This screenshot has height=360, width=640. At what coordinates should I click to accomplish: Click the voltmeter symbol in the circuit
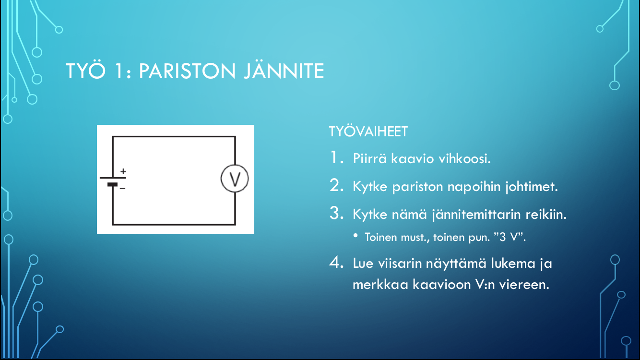click(235, 179)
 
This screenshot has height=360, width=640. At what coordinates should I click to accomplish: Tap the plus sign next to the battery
click(123, 171)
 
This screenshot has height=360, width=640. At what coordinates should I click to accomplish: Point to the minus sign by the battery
click(122, 188)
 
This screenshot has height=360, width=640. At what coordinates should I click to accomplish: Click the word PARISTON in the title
click(187, 71)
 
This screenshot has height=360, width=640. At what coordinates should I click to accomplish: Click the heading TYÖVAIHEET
click(368, 132)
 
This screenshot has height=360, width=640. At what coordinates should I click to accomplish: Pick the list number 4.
click(336, 262)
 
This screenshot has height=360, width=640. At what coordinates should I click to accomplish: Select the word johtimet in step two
click(532, 187)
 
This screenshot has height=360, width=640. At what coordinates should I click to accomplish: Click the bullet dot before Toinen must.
click(356, 236)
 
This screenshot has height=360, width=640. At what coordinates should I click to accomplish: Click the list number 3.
click(336, 214)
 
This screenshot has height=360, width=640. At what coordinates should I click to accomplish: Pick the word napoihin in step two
click(474, 187)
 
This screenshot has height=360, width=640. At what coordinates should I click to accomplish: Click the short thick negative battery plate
click(113, 185)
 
